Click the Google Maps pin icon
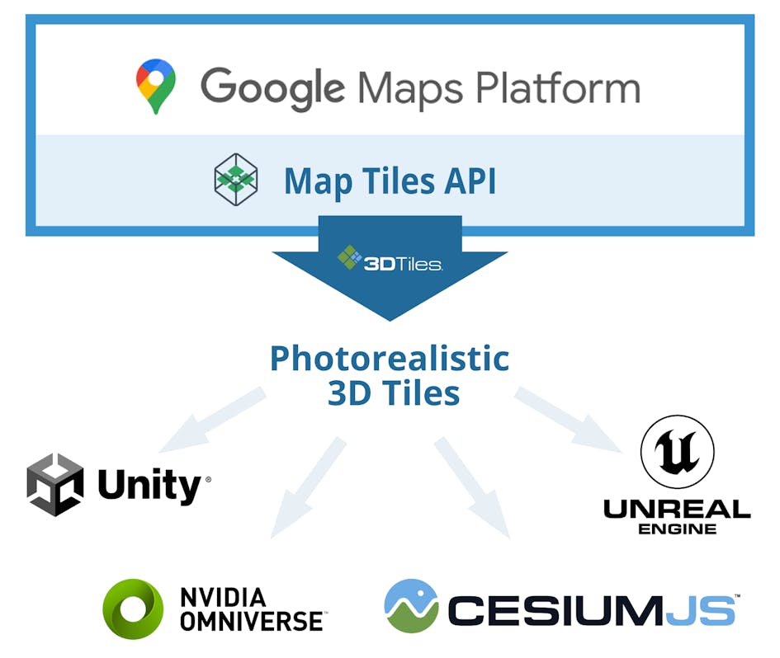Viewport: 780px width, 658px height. [156, 86]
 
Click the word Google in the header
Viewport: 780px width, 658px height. [272, 87]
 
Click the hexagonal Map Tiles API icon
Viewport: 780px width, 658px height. [235, 180]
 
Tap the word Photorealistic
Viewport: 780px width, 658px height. [390, 358]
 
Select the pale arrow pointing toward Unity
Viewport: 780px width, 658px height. [210, 421]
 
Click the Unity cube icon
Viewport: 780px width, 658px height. [55, 485]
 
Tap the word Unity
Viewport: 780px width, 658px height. [149, 486]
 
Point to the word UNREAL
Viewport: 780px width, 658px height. [677, 509]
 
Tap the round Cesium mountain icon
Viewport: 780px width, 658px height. [411, 607]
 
